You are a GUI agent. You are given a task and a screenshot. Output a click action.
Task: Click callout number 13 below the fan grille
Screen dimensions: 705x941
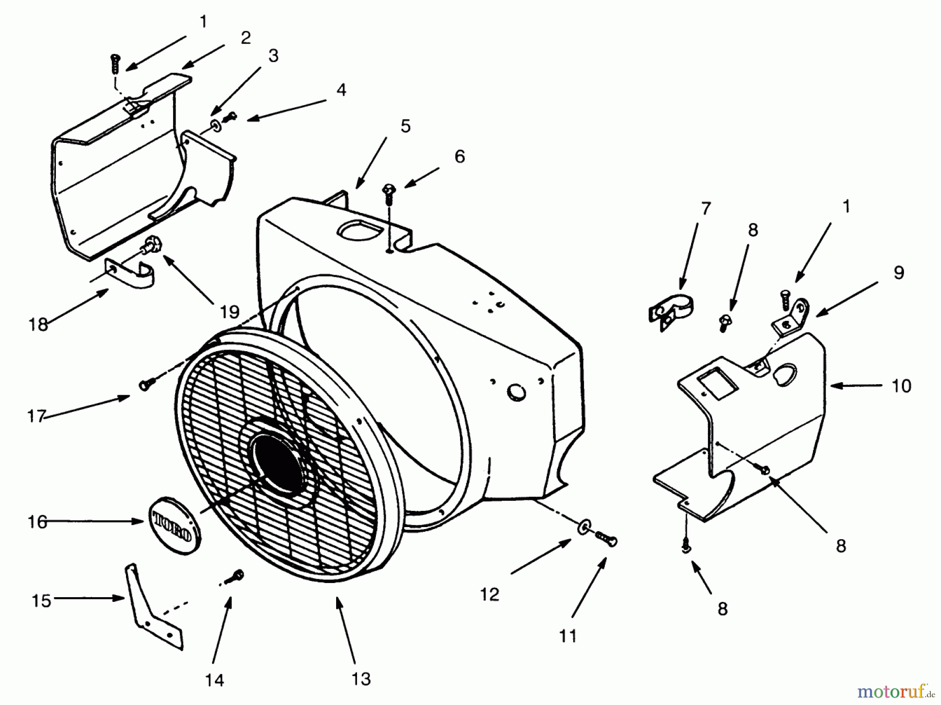361,678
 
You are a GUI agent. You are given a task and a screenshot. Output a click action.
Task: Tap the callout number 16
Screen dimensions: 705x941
38,522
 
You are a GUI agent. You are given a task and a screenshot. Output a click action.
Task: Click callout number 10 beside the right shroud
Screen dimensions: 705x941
901,386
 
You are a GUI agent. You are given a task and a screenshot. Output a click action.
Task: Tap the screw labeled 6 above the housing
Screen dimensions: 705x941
389,194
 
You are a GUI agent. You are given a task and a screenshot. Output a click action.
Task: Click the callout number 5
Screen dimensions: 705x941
406,126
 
